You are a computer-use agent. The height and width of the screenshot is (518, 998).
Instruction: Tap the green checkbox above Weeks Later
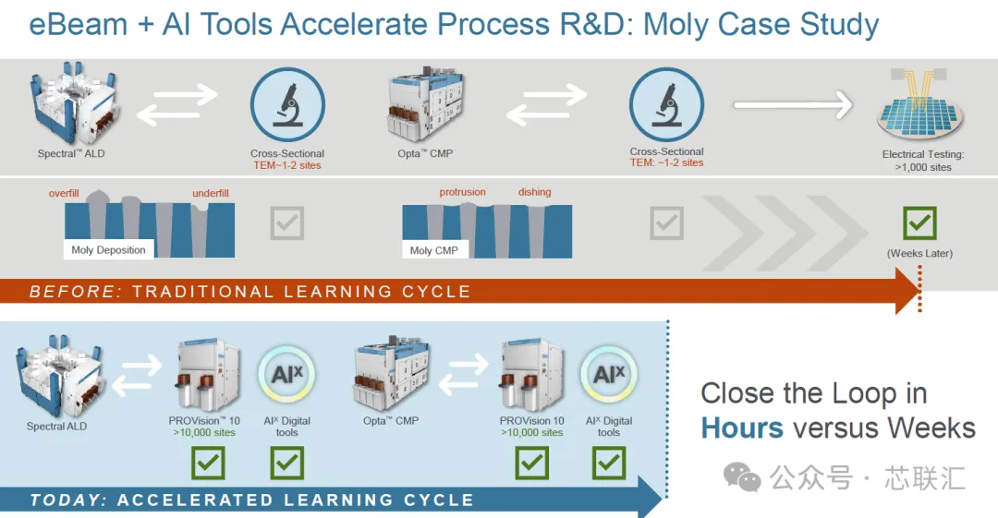(x=919, y=223)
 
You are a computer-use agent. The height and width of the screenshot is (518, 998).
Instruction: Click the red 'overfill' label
(x=64, y=194)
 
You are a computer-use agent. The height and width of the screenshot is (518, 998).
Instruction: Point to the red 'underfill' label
(x=211, y=194)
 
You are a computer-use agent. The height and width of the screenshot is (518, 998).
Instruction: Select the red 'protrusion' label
(x=462, y=192)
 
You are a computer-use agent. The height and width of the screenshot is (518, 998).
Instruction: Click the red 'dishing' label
(x=535, y=192)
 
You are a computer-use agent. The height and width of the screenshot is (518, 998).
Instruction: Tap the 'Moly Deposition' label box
(x=108, y=250)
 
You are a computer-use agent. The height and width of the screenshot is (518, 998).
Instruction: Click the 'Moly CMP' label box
(x=434, y=251)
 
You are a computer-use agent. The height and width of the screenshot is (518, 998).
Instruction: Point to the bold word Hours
(x=742, y=428)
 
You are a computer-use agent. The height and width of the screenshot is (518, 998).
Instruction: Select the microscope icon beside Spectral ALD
(x=287, y=105)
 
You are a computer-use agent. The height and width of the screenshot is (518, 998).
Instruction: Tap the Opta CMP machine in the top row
(x=425, y=104)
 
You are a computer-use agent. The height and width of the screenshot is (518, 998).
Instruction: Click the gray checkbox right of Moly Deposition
(x=287, y=223)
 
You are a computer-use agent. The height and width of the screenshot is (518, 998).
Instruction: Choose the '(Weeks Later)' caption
(x=919, y=253)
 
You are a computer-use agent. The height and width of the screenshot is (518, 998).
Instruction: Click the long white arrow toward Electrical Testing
(x=793, y=104)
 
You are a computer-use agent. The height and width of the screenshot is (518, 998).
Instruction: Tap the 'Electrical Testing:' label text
(x=923, y=154)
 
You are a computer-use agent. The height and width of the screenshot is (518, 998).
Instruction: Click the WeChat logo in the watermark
(x=742, y=476)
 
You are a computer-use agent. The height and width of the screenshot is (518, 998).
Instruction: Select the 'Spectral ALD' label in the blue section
(x=56, y=427)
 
